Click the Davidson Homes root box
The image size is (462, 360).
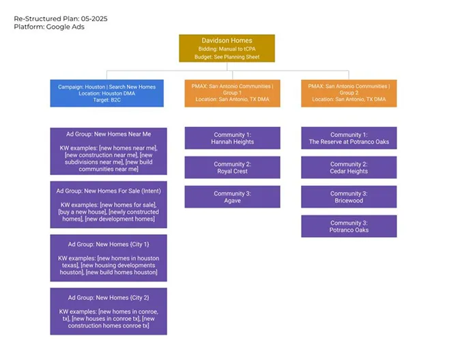(x=227, y=49)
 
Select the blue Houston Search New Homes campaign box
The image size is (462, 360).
(x=107, y=93)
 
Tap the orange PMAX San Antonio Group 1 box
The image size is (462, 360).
(x=233, y=93)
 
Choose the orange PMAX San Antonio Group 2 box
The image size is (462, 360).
(x=349, y=93)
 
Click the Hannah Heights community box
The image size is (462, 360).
(x=233, y=138)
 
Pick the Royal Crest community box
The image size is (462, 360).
(x=233, y=167)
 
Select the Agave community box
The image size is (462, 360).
(x=233, y=197)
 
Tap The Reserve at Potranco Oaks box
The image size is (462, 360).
(x=349, y=138)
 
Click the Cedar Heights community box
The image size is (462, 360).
(x=349, y=167)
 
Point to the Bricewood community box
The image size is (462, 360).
(x=349, y=197)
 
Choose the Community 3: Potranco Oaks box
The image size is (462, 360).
(x=349, y=226)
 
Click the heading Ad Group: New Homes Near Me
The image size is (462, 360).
(x=109, y=134)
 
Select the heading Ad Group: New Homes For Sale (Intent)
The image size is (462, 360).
(x=109, y=191)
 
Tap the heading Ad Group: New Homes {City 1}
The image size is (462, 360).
(x=109, y=245)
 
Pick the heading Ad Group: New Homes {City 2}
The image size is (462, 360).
(x=109, y=298)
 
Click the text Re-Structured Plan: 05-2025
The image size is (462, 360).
(x=61, y=18)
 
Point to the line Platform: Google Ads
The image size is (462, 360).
(x=49, y=27)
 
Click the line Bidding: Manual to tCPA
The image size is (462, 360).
(x=227, y=49)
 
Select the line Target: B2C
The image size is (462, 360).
(x=107, y=100)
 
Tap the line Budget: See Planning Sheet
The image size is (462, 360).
(x=227, y=57)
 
